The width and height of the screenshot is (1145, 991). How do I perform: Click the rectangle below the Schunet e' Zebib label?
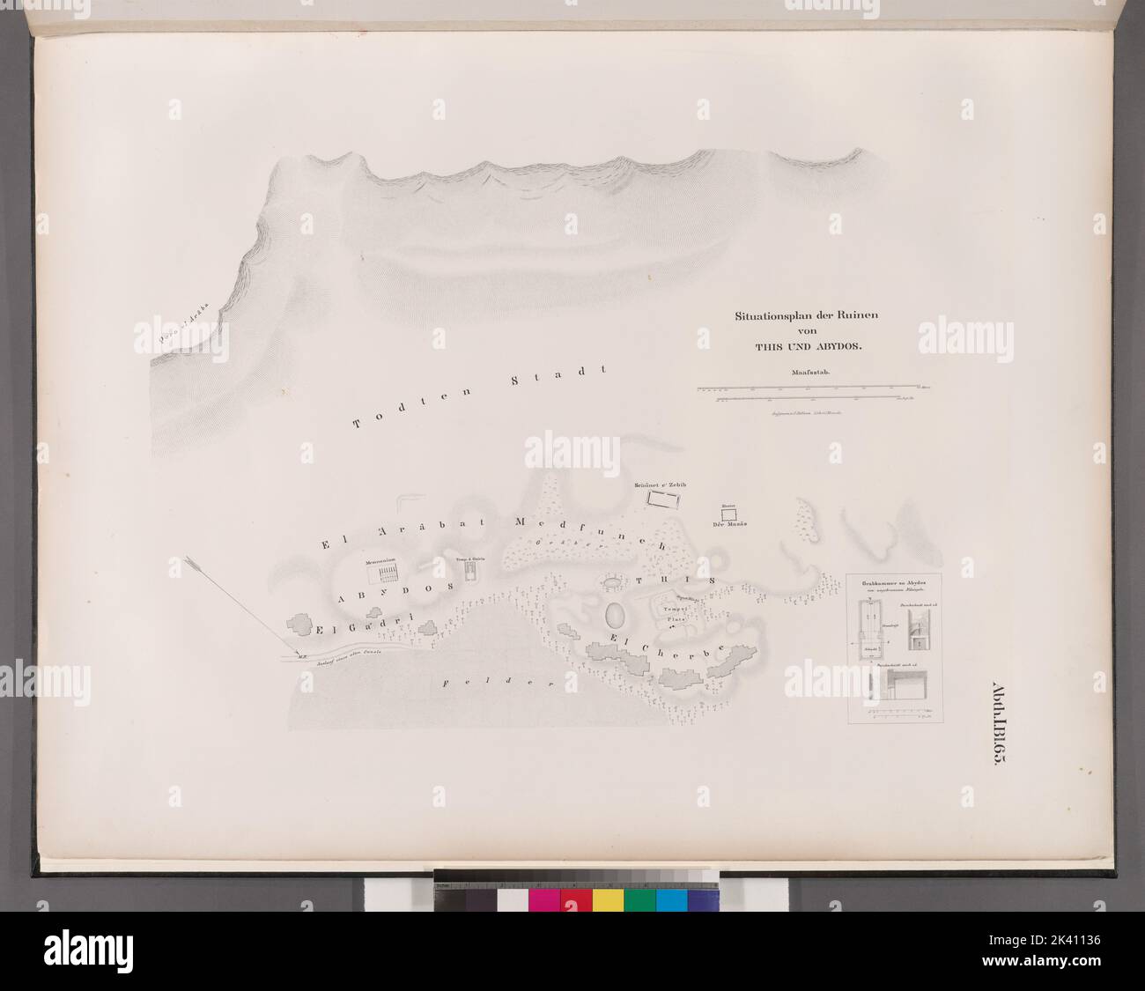point(667,499)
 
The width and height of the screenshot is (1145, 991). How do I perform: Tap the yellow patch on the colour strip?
point(608,899)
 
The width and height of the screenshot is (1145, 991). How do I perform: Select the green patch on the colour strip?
point(640,899)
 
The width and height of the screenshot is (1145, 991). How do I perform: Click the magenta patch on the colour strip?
point(544,899)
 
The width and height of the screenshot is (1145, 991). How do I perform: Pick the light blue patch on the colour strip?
point(672,899)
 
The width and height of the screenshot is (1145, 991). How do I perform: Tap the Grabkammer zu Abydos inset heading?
point(894,584)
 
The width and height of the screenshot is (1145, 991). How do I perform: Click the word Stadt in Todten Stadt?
point(558,378)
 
